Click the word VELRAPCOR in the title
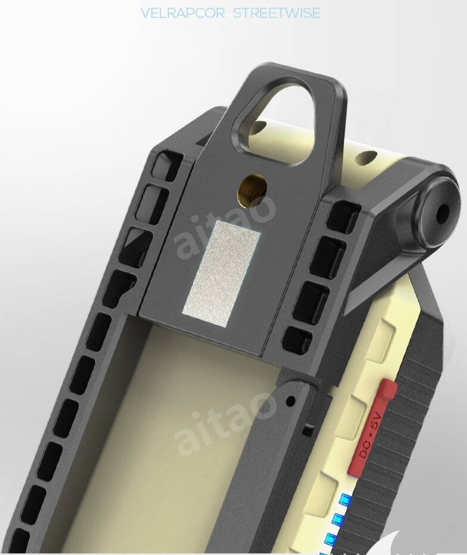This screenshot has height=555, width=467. coord(183,14)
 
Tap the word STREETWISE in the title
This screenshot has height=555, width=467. coord(277,14)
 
